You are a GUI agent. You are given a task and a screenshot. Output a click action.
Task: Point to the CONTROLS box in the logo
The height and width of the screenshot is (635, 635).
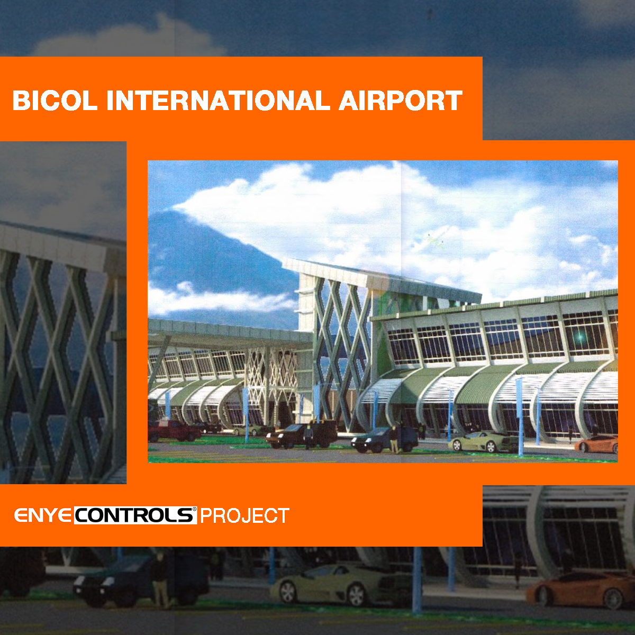point(135,515)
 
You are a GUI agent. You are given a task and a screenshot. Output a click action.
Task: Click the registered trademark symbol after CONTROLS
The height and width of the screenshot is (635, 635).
point(194,510)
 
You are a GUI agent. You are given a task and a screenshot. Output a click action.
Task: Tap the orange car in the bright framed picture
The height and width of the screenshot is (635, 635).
point(596,443)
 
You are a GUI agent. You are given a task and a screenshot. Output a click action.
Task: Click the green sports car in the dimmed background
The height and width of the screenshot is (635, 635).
point(343,585)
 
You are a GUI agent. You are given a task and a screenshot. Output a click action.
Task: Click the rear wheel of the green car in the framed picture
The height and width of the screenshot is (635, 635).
point(491,447)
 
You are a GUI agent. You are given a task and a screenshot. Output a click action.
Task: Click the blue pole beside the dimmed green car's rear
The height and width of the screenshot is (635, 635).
point(417,580)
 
